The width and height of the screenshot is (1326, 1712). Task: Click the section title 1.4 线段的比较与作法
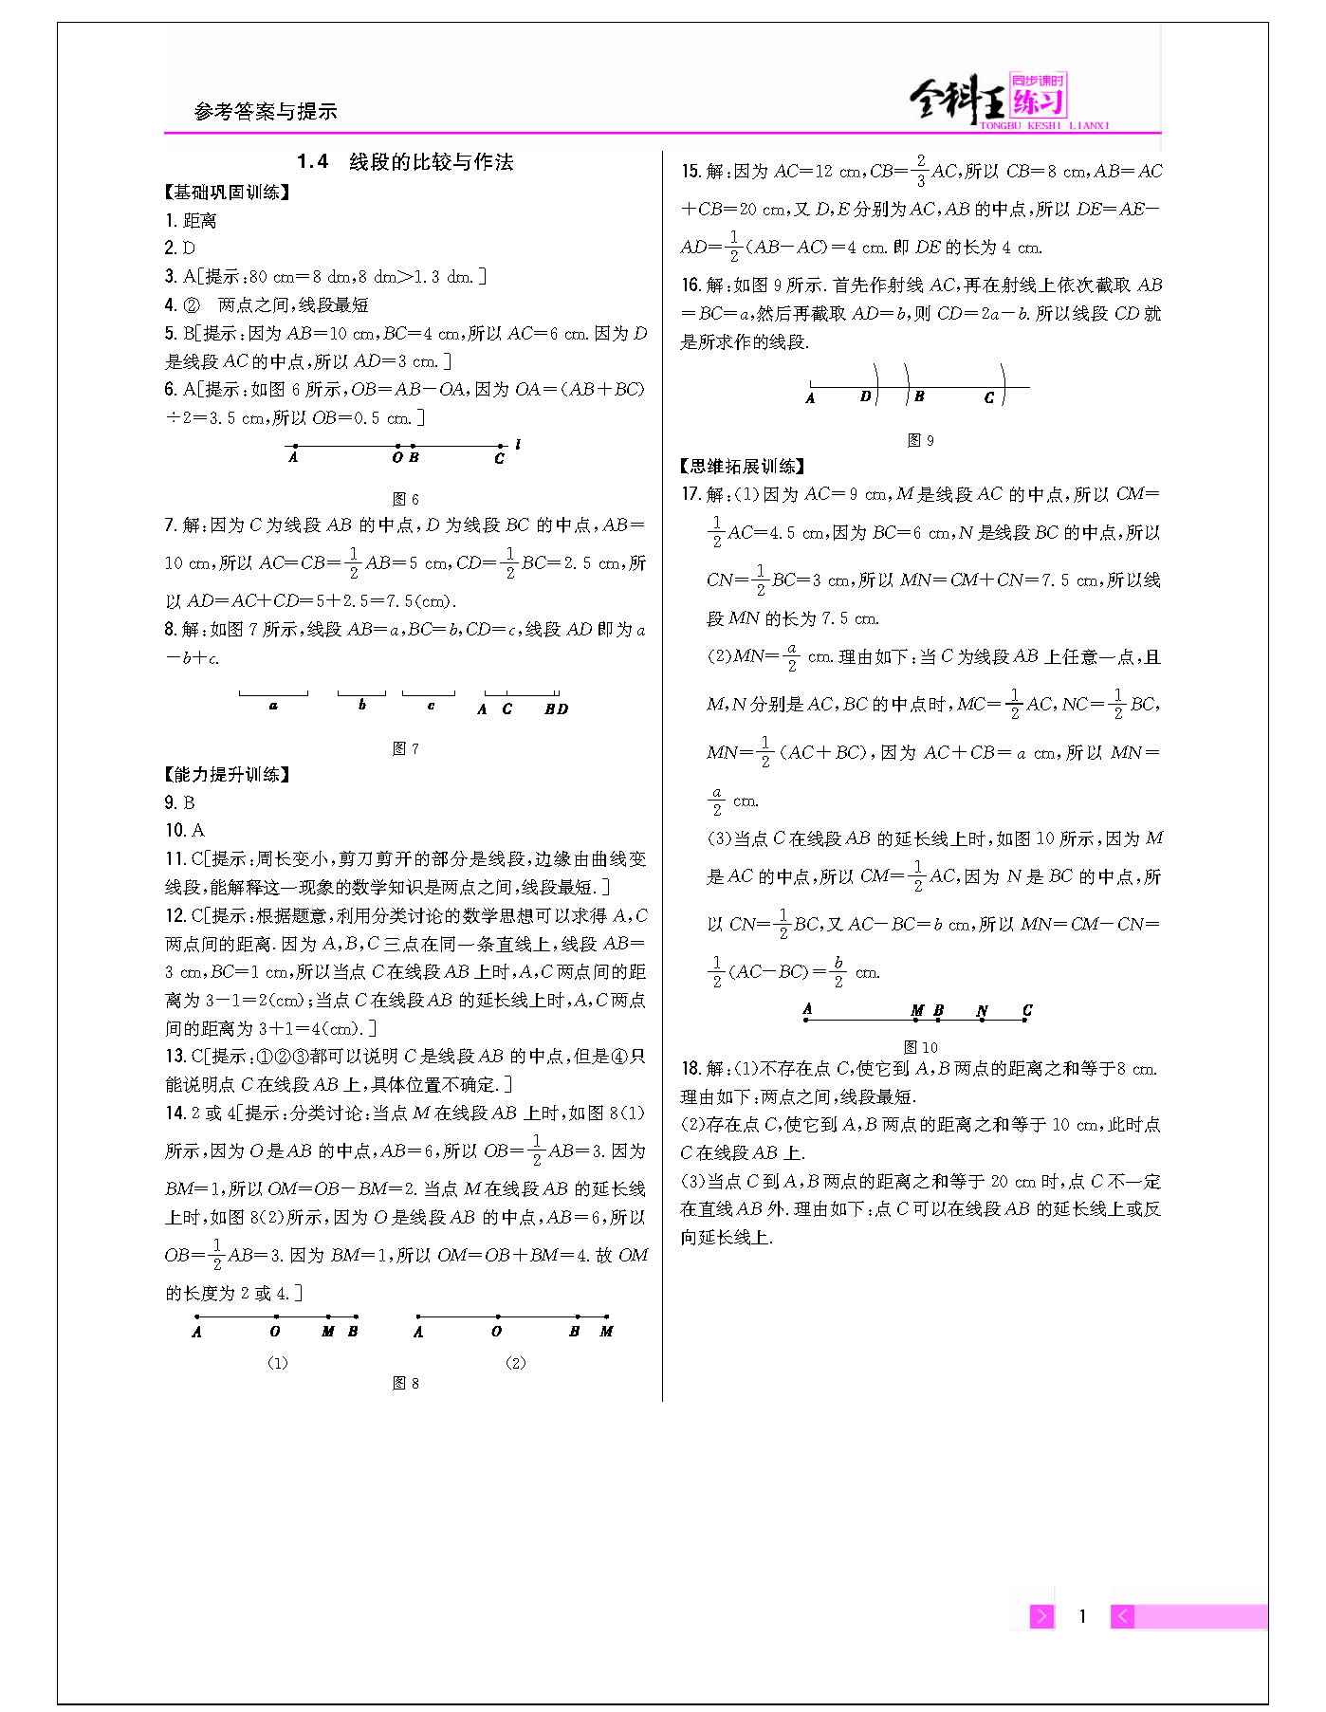(x=405, y=162)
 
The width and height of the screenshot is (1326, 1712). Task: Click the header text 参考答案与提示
(x=266, y=112)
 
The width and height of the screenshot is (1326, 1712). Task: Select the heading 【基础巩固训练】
(x=228, y=193)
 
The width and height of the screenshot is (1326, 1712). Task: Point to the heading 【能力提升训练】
(x=228, y=775)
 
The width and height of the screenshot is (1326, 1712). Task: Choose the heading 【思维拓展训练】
(x=744, y=467)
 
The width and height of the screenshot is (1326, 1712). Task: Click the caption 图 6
(x=406, y=499)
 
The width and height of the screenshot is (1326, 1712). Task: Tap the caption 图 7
(x=406, y=748)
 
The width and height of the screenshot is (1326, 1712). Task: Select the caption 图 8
(x=406, y=1384)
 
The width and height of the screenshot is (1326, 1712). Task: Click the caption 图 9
(x=920, y=440)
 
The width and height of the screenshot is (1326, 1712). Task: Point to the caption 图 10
(x=920, y=1047)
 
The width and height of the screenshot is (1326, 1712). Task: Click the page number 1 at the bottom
(x=1082, y=1616)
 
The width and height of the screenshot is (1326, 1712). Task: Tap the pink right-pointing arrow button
(x=1041, y=1616)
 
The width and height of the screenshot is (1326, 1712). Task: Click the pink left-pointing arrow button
(x=1122, y=1616)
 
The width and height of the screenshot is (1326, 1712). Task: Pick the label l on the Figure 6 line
(x=518, y=444)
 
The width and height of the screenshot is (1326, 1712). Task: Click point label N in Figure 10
(x=982, y=1011)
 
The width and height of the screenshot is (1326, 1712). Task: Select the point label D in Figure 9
(x=865, y=396)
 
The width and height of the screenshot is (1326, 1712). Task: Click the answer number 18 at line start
(x=691, y=1069)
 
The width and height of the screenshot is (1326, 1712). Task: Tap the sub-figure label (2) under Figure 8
(x=515, y=1363)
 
